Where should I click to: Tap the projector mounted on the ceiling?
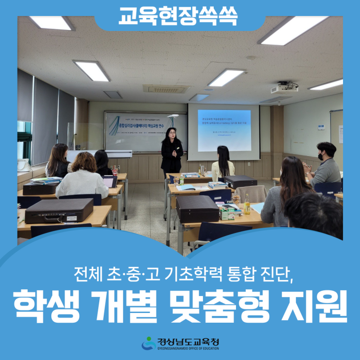pos(285,88)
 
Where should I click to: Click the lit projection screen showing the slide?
pos(224,130)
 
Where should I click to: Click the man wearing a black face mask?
pos(326,165)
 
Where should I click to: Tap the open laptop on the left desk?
pos(109,182)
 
